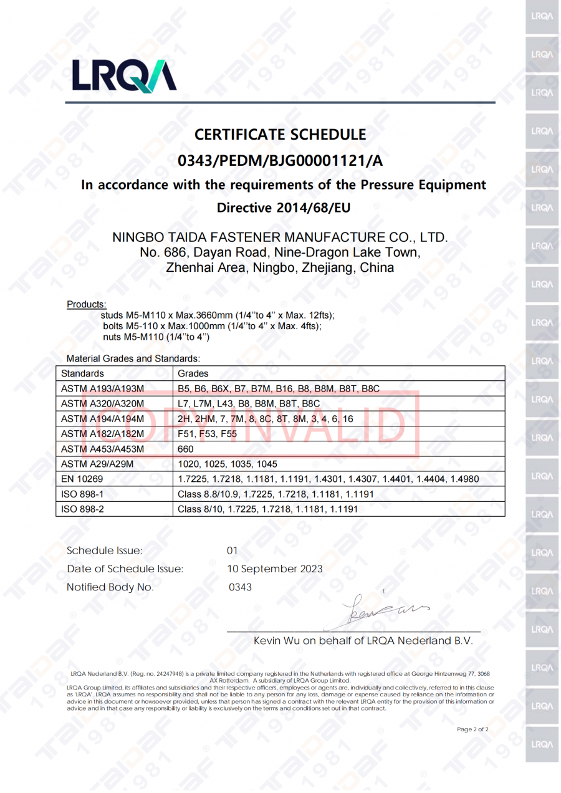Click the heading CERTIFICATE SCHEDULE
click(x=280, y=134)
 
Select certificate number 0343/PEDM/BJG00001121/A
click(x=280, y=160)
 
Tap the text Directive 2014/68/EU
click(x=284, y=208)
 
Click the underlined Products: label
click(x=86, y=304)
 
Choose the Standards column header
click(x=82, y=373)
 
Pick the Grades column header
click(x=193, y=373)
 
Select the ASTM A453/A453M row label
click(x=102, y=449)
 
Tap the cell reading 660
click(x=186, y=449)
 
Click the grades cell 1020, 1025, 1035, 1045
click(x=228, y=464)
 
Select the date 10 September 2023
click(x=275, y=569)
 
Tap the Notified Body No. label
click(x=110, y=587)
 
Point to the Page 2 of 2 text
click(x=472, y=729)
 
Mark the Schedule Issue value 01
click(x=233, y=550)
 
